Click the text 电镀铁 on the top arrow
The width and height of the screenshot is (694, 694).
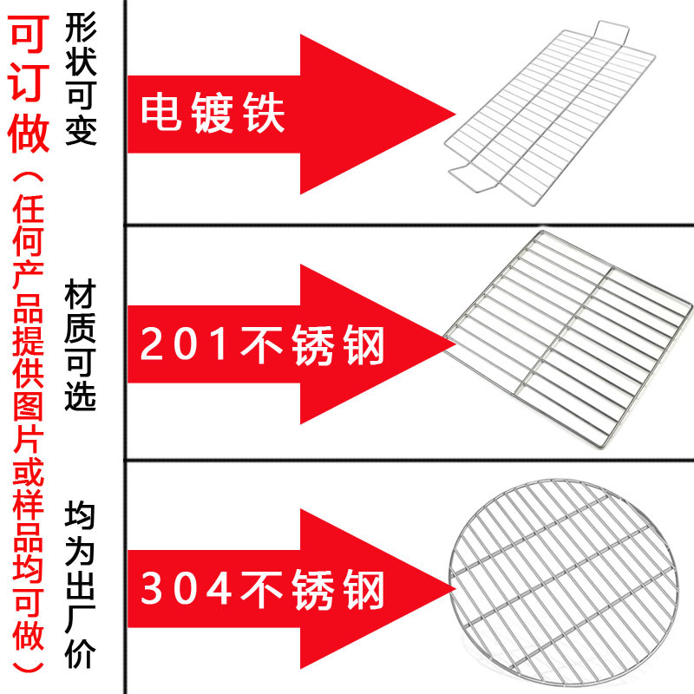[213, 114]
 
